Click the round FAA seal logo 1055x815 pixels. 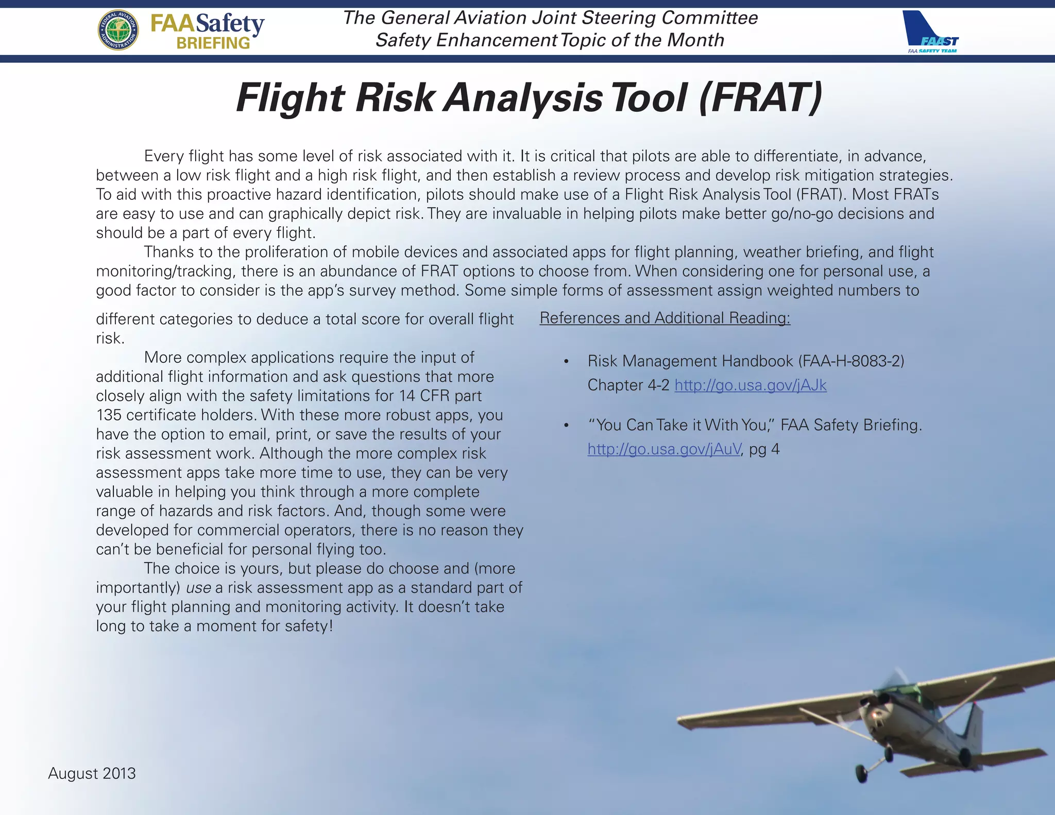pyautogui.click(x=118, y=30)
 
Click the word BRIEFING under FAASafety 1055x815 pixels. pyautogui.click(x=213, y=43)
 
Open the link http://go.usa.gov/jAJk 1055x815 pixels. pyautogui.click(x=751, y=385)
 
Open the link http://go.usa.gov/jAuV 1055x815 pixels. pyautogui.click(x=664, y=449)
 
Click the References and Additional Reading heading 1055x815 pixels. pyautogui.click(x=665, y=318)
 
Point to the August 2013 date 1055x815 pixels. pyautogui.click(x=92, y=773)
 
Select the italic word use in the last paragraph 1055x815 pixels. pyautogui.click(x=198, y=588)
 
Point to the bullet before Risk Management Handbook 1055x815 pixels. pyautogui.click(x=566, y=362)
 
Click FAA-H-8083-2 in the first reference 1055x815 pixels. pyautogui.click(x=850, y=361)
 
